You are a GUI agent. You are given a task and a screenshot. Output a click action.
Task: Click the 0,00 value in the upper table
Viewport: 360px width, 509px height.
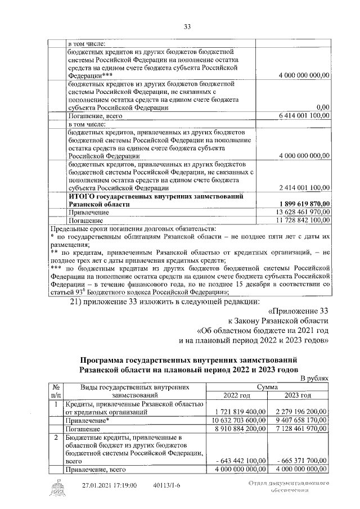click(322, 107)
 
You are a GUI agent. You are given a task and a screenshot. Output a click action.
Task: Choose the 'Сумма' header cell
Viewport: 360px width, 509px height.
click(269, 387)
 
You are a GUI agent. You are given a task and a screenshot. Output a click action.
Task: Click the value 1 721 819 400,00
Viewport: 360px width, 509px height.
click(239, 412)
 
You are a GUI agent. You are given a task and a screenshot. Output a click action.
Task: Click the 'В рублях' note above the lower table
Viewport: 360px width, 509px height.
click(313, 379)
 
